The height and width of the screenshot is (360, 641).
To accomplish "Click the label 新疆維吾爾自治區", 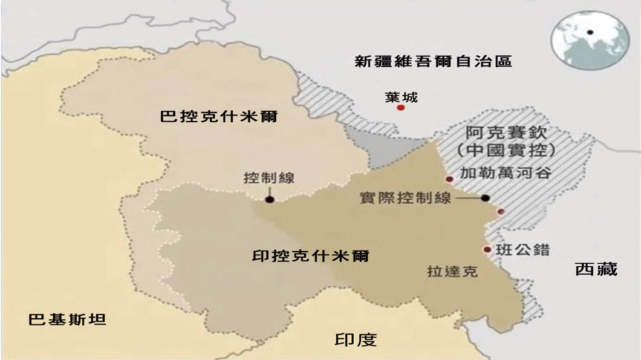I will coord(433,61).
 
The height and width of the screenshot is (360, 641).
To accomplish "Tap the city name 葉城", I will coord(401,97).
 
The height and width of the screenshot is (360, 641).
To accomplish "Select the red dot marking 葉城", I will coord(400,108).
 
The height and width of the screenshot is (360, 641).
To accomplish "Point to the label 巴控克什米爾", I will coord(218,117).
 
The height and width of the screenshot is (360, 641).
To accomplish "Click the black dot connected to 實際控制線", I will coord(485,198).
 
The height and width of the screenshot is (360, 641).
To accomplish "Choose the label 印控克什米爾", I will coord(310,256).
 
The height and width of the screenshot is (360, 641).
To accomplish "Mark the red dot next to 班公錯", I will coord(487,249).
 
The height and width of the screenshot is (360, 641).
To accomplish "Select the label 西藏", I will coord(596,269).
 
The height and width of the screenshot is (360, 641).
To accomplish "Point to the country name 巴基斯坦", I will coord(67,319).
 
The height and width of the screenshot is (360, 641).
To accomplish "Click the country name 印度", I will coord(356,339).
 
